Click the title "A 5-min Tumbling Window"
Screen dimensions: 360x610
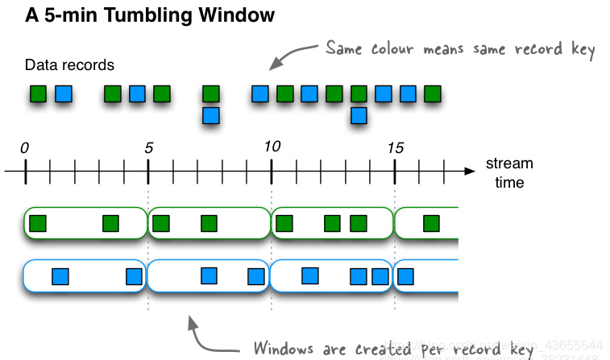139,14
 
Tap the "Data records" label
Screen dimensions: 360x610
69,64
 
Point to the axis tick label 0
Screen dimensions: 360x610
24,147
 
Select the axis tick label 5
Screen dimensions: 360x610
148,147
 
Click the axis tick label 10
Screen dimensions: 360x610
272,147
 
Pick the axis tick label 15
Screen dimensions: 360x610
395,147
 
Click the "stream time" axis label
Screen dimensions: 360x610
509,173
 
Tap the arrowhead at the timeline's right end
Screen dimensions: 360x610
469,171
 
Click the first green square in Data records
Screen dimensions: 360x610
38,94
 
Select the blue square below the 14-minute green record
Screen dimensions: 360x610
359,115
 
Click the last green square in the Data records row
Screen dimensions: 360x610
434,94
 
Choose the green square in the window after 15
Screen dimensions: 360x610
432,223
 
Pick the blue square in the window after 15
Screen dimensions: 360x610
406,277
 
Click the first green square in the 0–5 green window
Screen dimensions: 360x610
37,223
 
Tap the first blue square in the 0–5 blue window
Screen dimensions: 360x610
60,277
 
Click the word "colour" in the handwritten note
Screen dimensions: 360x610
405,49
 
